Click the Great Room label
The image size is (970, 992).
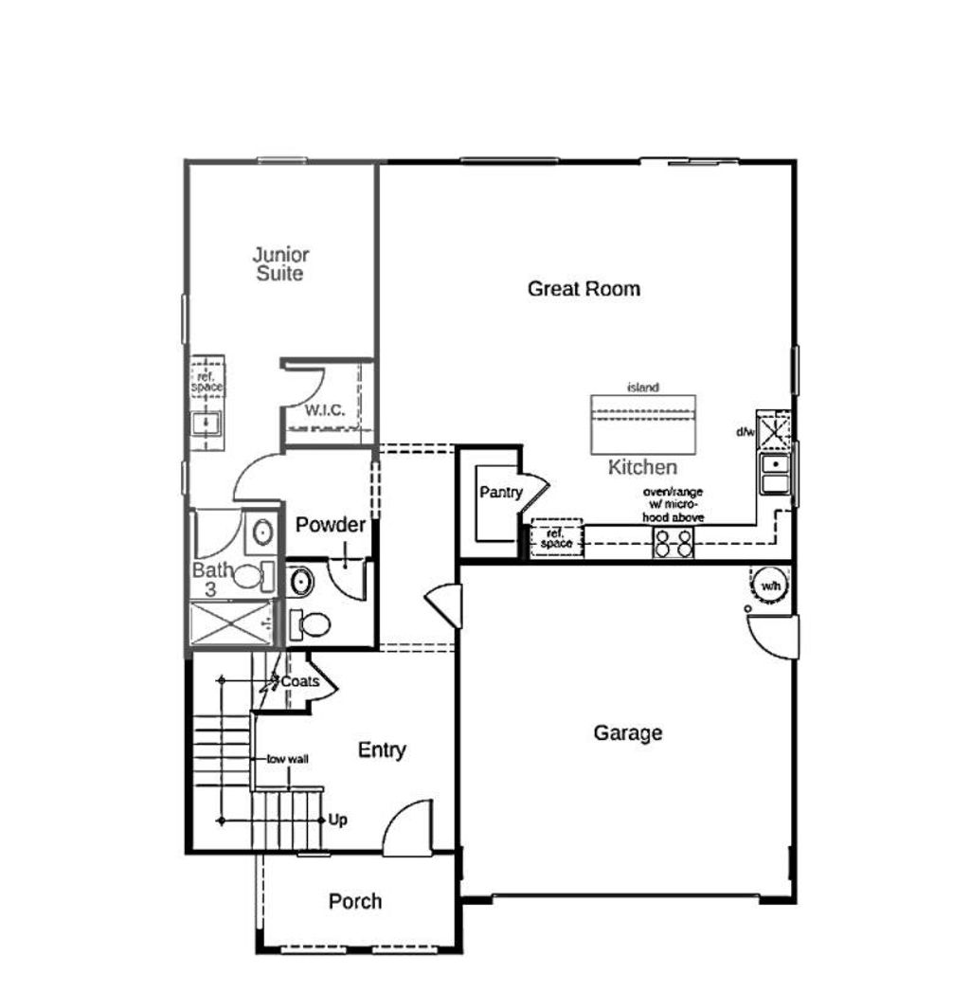tap(584, 289)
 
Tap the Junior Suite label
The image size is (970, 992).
tap(280, 264)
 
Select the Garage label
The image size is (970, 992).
tap(628, 733)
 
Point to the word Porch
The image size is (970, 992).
tap(354, 901)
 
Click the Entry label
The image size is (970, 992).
tap(382, 750)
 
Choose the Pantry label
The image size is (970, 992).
tap(501, 492)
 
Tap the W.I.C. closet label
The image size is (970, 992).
tap(325, 410)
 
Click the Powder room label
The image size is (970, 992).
tap(331, 525)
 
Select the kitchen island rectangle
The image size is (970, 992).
tap(643, 424)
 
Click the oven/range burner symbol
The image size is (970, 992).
tap(673, 543)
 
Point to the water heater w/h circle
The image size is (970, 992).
tap(770, 586)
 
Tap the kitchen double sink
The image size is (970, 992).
tap(775, 473)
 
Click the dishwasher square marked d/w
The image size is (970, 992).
tap(774, 430)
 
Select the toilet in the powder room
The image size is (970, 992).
tap(311, 624)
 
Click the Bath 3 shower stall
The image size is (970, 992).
tap(231, 623)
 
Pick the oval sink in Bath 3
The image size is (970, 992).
tap(263, 532)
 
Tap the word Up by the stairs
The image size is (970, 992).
tap(337, 820)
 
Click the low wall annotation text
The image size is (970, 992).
tap(288, 759)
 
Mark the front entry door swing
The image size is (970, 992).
tap(407, 827)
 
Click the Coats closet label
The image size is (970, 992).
tap(300, 681)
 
